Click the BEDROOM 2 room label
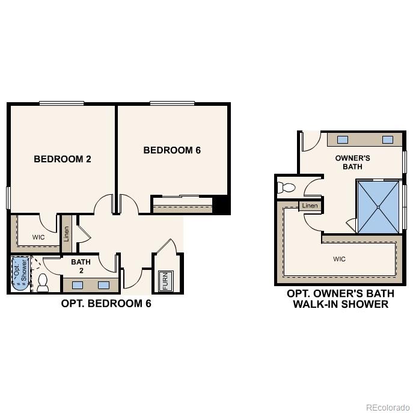point(63,159)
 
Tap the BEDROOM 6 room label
point(172,150)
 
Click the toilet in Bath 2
point(43,283)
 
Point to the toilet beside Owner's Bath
point(286,188)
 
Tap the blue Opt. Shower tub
point(20,274)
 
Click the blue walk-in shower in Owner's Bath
point(378,207)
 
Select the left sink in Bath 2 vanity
point(78,285)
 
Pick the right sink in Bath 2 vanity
point(104,285)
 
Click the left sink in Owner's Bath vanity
point(343,139)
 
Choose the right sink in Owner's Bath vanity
point(388,139)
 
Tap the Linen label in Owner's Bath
point(310,206)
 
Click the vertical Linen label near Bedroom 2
point(66,234)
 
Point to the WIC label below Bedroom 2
point(38,237)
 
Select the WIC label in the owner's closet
point(339,259)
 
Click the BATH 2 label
point(81,266)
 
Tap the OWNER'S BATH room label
point(352,162)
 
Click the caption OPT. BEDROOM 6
point(106,304)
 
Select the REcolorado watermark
point(388,408)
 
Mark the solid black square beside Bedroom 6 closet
point(221,204)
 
